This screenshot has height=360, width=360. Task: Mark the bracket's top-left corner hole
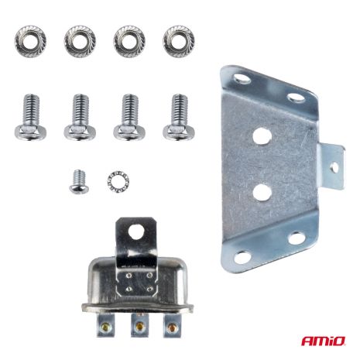click(x=240, y=78)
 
